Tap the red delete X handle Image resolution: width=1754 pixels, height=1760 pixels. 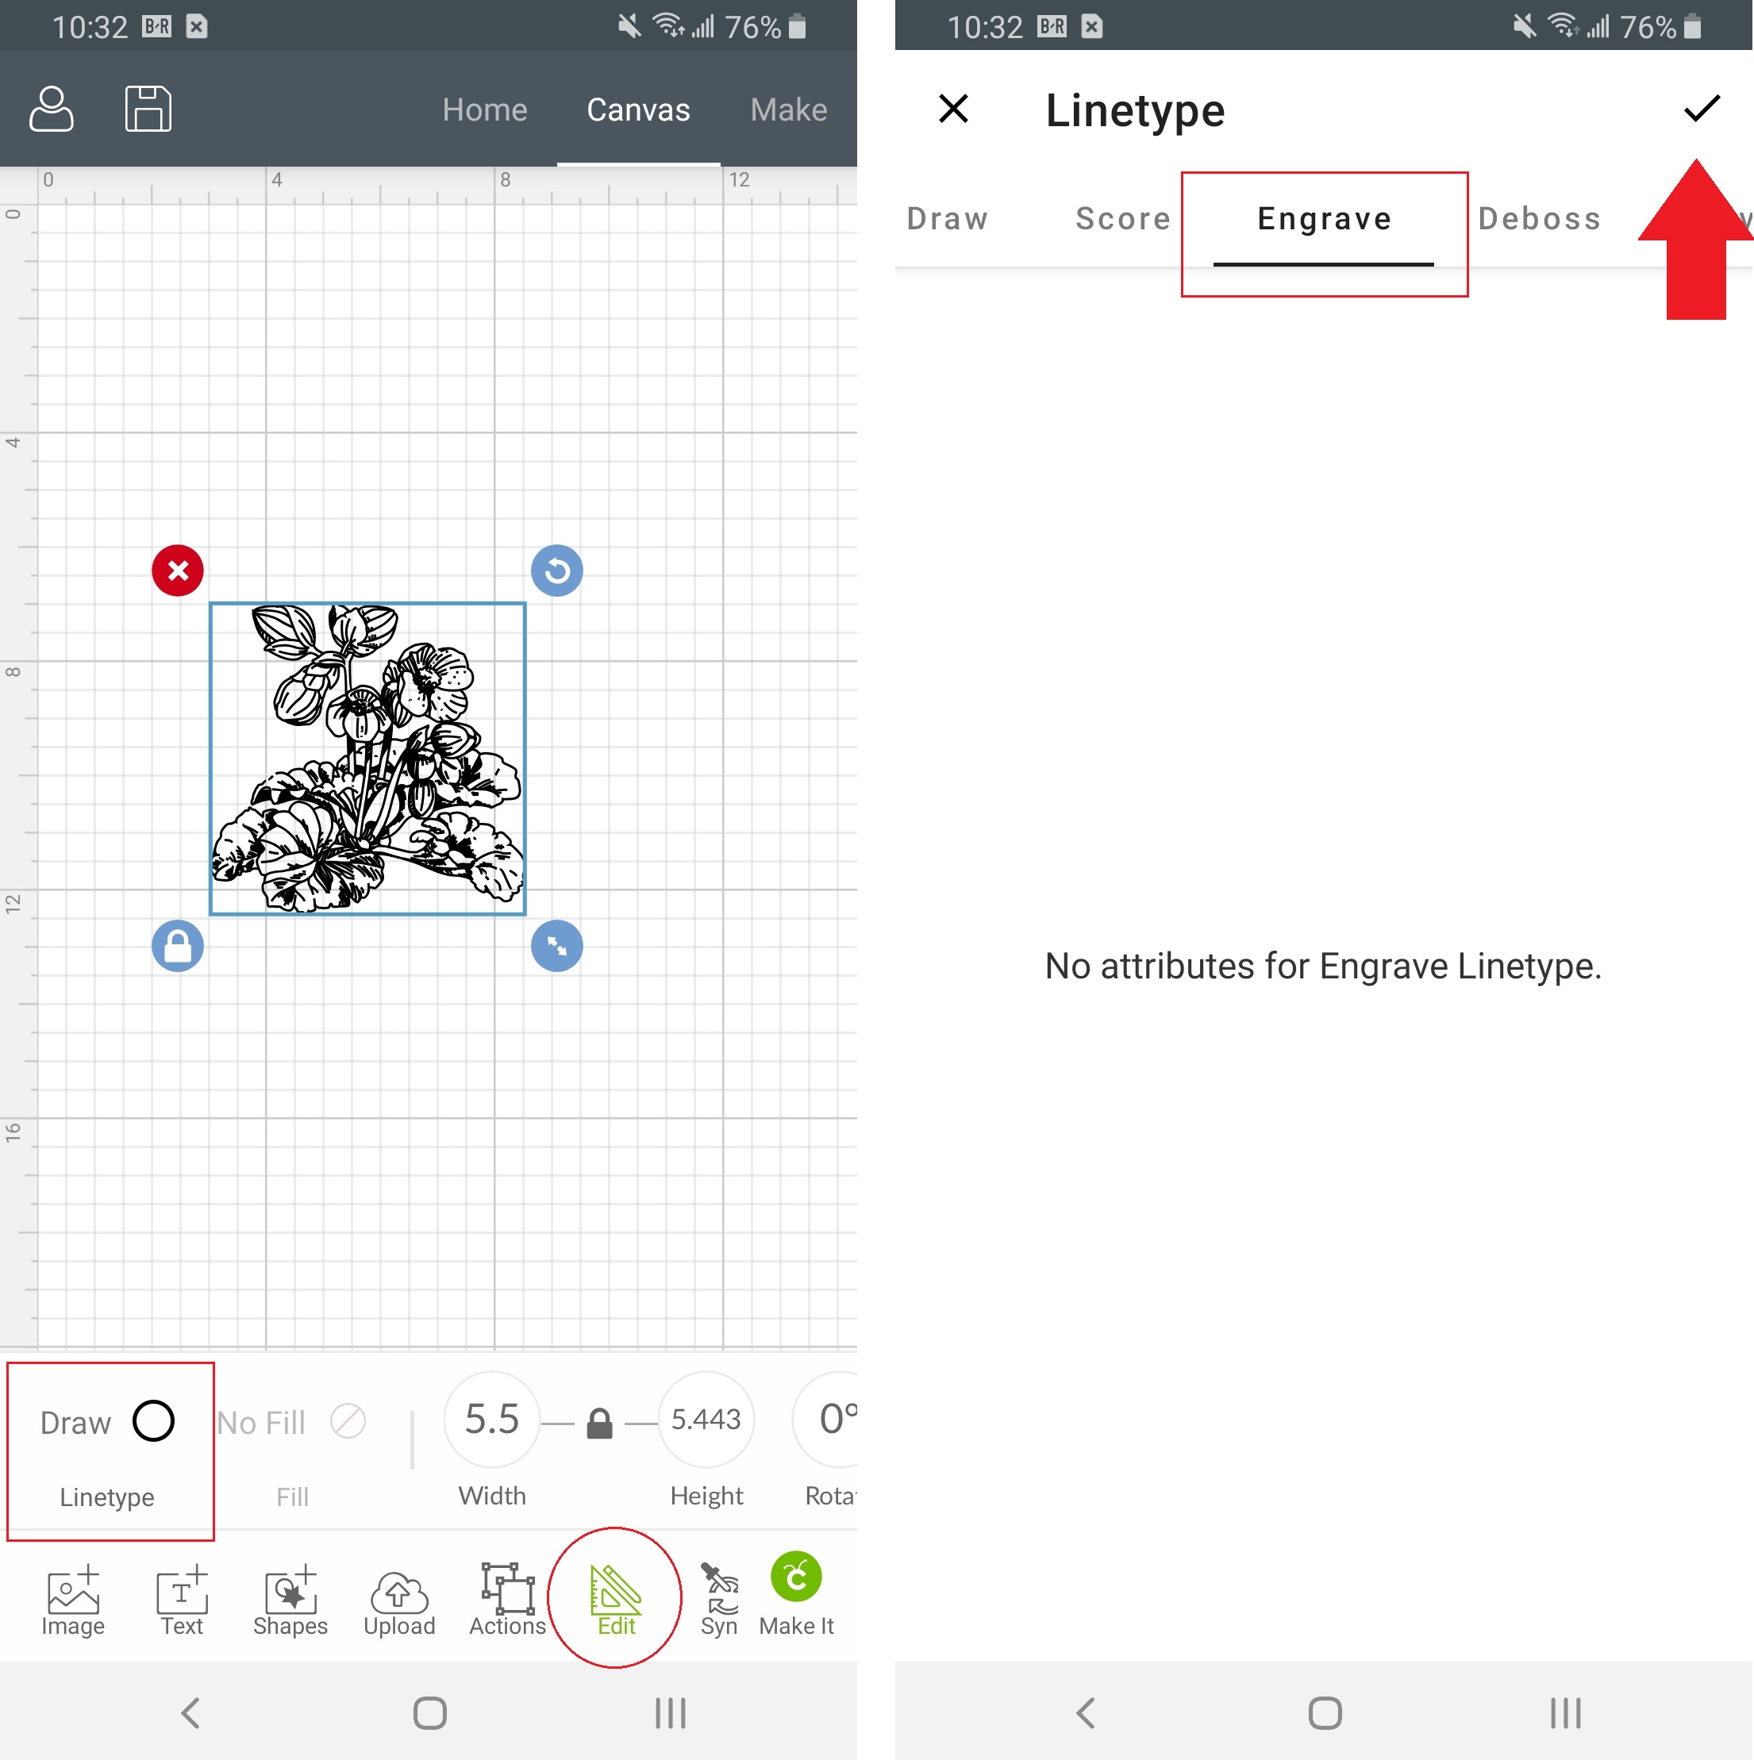[x=178, y=571]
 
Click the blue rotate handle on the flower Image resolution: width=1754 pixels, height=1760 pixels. [x=556, y=571]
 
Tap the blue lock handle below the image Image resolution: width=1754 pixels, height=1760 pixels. [x=178, y=946]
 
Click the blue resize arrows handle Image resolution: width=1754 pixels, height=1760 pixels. [x=556, y=946]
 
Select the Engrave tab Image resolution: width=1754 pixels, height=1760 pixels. [x=1324, y=219]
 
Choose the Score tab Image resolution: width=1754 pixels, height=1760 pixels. [x=1122, y=219]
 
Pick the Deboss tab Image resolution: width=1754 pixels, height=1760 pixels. [x=1539, y=219]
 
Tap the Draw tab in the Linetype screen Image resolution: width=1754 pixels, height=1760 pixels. [x=948, y=219]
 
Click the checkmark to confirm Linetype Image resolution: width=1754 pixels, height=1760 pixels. [x=1701, y=109]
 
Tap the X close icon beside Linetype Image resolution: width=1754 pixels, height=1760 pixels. [x=953, y=109]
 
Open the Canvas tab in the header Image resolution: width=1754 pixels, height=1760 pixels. [x=638, y=110]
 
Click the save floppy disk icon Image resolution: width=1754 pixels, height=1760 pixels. [x=148, y=109]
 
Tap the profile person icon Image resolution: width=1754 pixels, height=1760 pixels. [x=51, y=109]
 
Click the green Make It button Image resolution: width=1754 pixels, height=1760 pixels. [x=795, y=1594]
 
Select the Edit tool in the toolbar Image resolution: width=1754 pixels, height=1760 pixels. [x=616, y=1600]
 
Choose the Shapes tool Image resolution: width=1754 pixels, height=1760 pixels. [x=290, y=1601]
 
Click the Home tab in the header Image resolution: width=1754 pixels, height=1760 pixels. [x=485, y=110]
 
